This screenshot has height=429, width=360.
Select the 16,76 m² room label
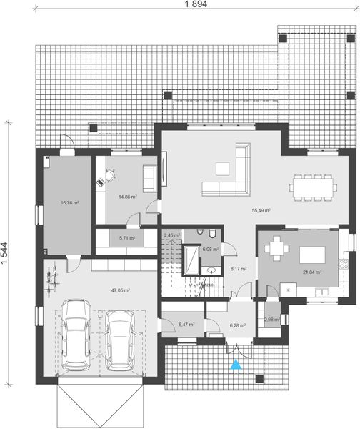[69, 203]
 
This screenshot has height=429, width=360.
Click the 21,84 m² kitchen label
[313, 272]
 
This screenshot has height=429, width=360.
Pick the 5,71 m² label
[127, 237]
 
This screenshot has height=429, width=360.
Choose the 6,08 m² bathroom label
[210, 250]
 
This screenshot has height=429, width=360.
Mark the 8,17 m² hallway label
[238, 269]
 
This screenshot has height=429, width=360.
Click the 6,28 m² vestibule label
[238, 325]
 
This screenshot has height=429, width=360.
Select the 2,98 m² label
[272, 319]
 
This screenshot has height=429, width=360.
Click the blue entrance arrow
[236, 365]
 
